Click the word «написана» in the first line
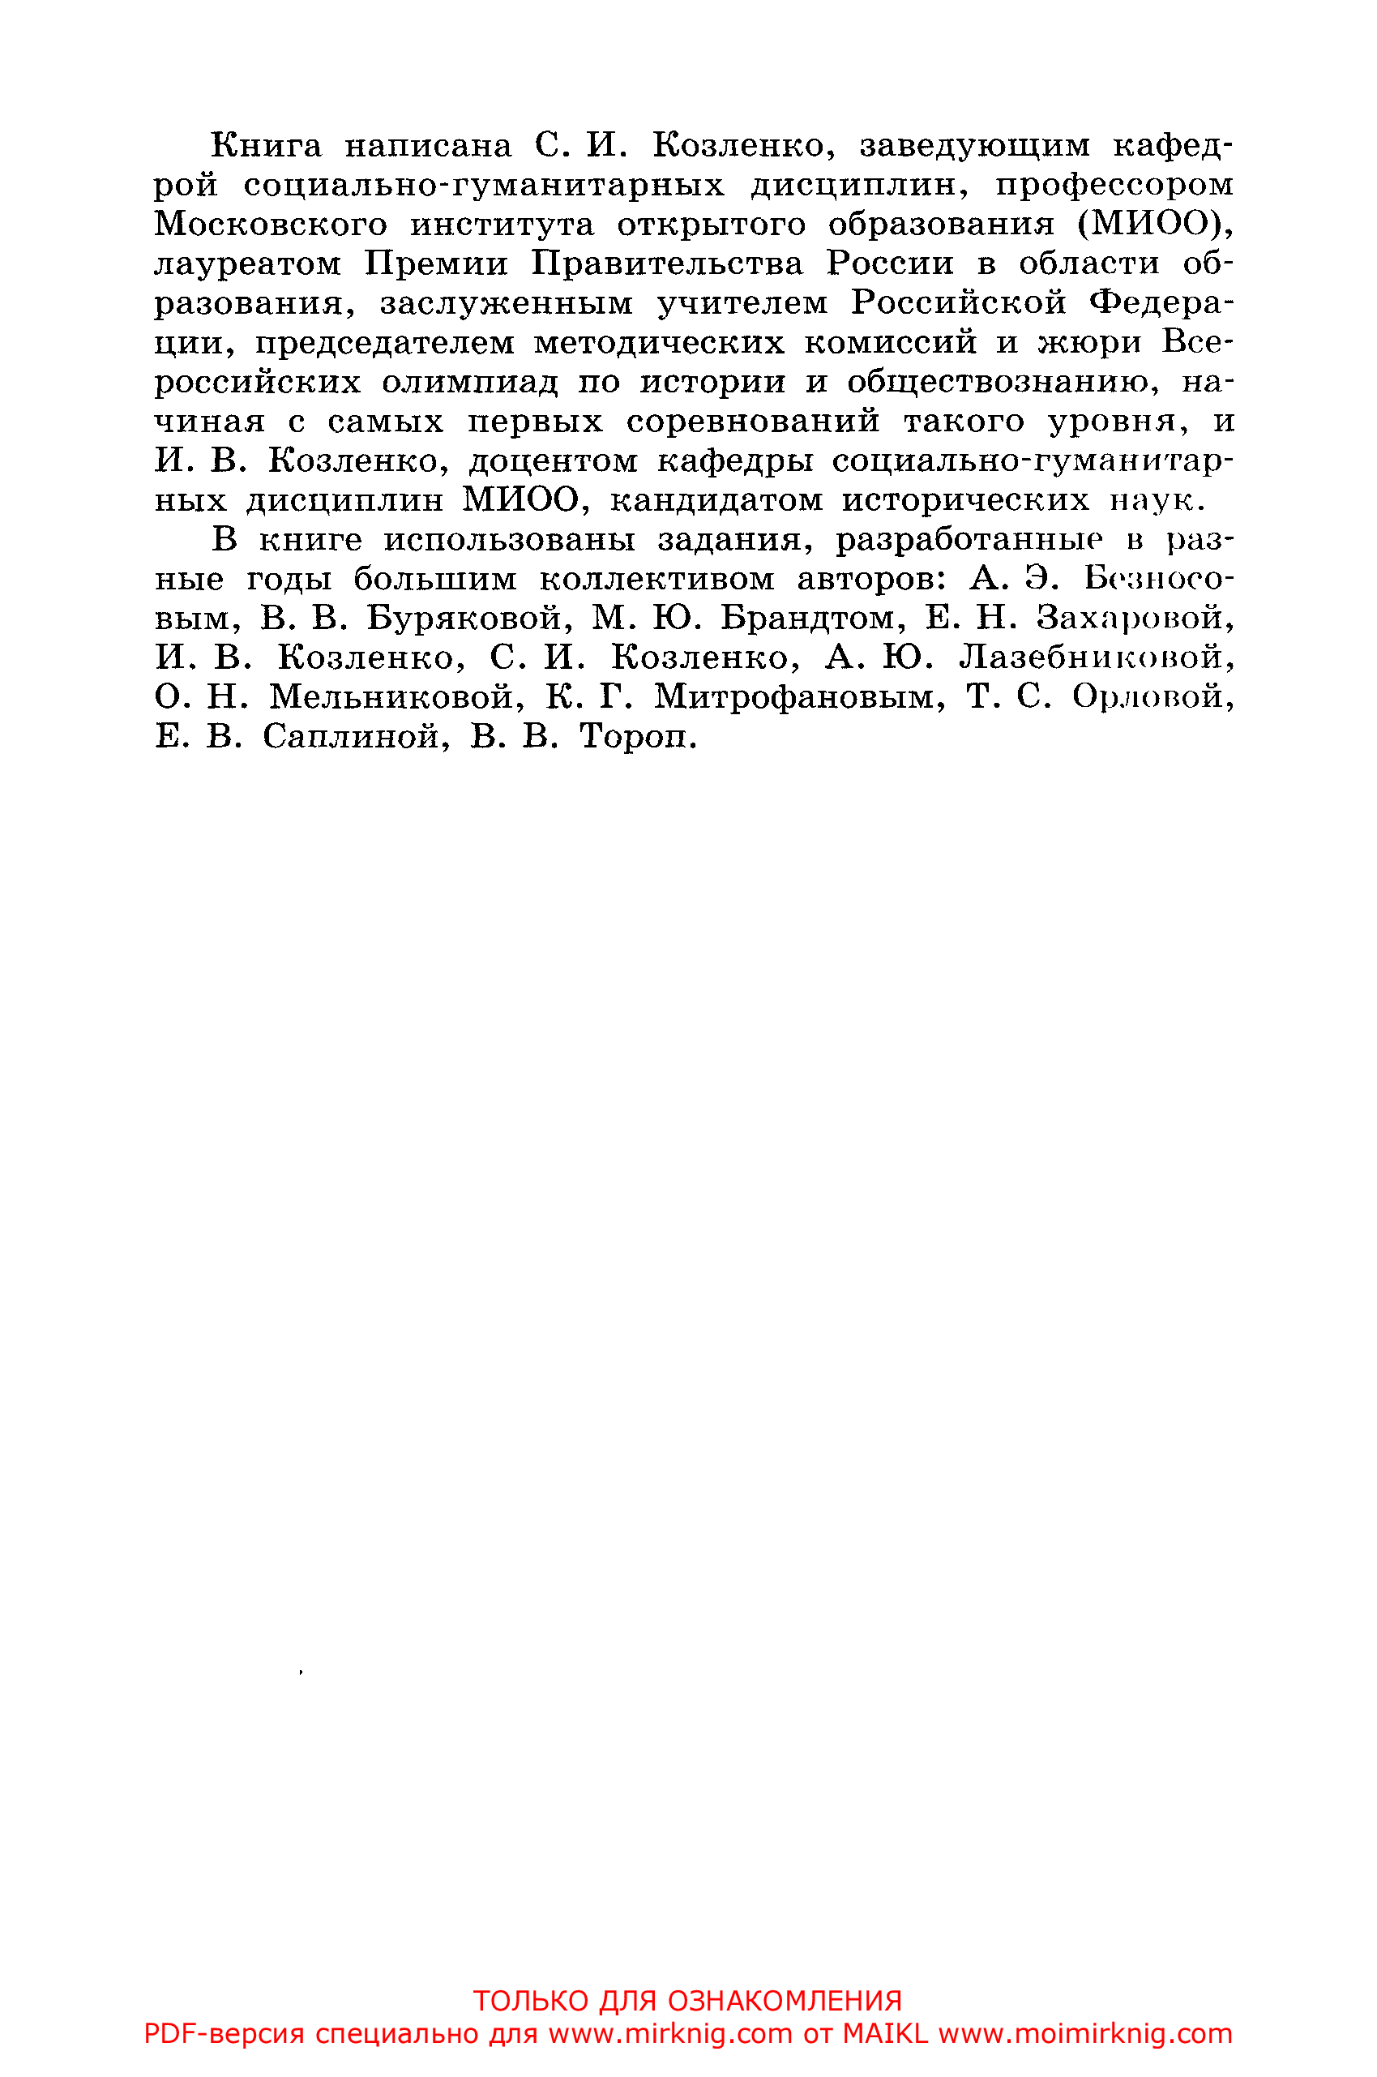click(x=427, y=146)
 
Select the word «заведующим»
click(x=975, y=146)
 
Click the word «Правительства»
click(x=666, y=264)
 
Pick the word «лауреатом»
click(x=248, y=264)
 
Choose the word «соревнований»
click(x=753, y=422)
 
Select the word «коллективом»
click(x=656, y=580)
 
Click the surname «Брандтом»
click(x=813, y=619)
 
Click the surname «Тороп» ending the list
click(x=638, y=738)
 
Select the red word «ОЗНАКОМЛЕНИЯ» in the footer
click(x=785, y=2002)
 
